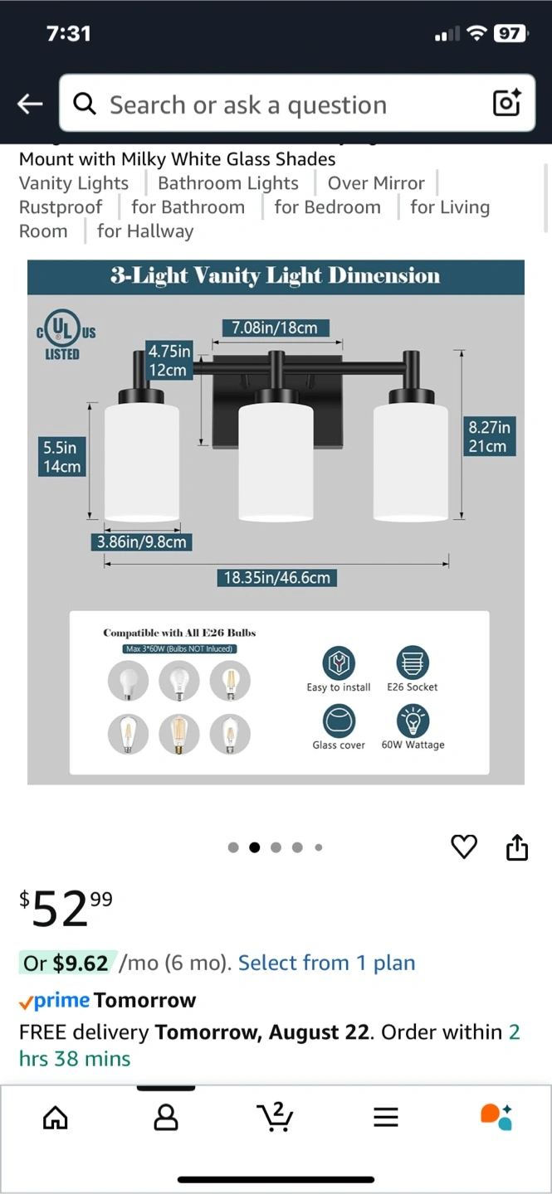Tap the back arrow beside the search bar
[x=30, y=104]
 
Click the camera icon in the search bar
[x=506, y=102]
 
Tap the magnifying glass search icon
[x=85, y=104]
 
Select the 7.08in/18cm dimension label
[x=275, y=328]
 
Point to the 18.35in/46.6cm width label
[x=276, y=577]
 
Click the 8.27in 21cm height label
[x=489, y=436]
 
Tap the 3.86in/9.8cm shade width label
[x=141, y=542]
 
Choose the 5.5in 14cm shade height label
[x=62, y=456]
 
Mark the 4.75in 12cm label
[x=169, y=361]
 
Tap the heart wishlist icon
[x=464, y=847]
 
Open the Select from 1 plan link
[x=326, y=963]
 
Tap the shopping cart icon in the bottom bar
[x=275, y=1116]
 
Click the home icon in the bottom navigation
[x=56, y=1117]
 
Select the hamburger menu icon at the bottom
[x=385, y=1117]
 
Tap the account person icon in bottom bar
[x=165, y=1117]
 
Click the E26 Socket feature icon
[x=412, y=662]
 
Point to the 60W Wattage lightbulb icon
[x=413, y=721]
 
